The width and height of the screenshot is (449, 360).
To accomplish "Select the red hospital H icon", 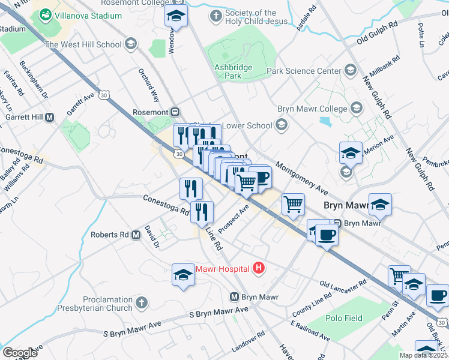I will click(x=259, y=267).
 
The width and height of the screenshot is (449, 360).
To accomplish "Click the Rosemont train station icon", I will click(x=175, y=111).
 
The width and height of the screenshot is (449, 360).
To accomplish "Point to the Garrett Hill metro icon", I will click(x=50, y=117).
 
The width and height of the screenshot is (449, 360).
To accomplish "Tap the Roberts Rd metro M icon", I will click(x=136, y=235).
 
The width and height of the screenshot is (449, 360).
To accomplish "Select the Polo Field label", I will click(x=344, y=318).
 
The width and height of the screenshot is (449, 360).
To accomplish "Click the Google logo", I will click(x=20, y=353).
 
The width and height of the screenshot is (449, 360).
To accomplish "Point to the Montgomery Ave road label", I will click(x=301, y=178).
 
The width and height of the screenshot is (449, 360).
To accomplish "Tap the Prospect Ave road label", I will click(x=234, y=220).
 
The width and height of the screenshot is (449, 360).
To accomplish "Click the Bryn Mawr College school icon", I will click(x=356, y=109).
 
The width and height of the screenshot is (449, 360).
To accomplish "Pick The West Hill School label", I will click(x=83, y=44).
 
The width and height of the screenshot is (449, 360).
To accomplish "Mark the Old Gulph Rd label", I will click(x=378, y=37).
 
